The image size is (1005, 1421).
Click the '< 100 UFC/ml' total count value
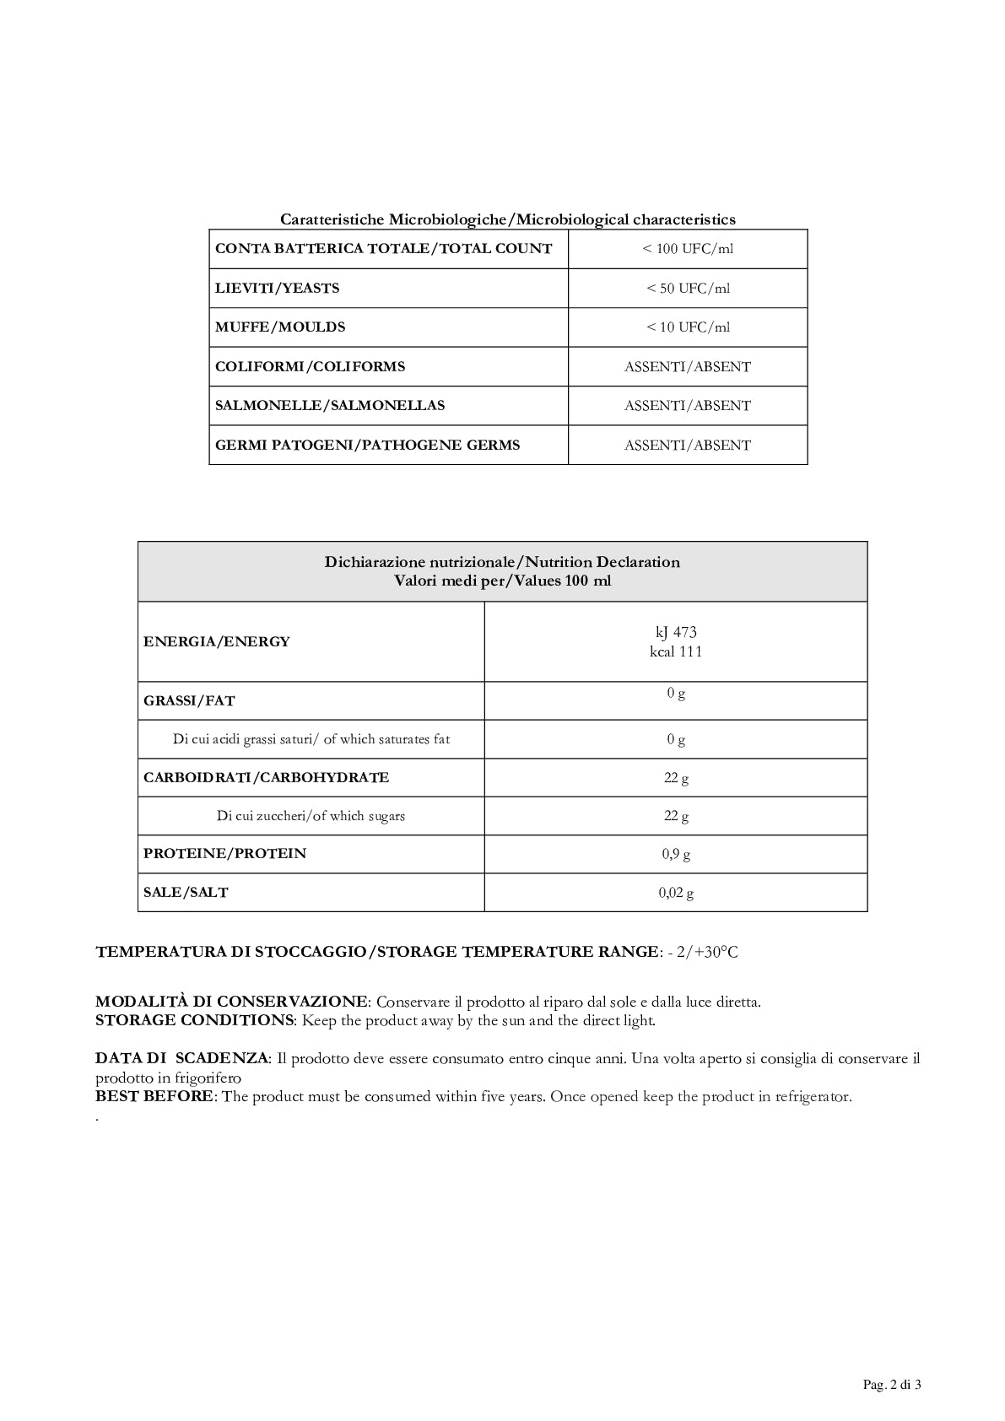coord(688,249)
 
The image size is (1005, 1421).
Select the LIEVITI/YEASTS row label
coord(277,288)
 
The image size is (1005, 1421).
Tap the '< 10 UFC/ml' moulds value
coord(688,327)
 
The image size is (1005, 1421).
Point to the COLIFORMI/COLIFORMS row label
coord(310,367)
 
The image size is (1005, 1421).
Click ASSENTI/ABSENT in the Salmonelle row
coord(687,406)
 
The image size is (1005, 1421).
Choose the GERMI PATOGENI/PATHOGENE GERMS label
coord(367,446)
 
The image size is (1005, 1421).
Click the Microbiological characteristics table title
coord(507,219)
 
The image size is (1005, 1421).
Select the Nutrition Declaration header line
coord(502,562)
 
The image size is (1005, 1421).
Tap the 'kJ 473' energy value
coord(676,632)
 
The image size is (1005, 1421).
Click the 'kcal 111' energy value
coord(676,651)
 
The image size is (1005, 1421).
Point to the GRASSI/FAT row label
coord(189,701)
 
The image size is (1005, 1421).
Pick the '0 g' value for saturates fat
coord(676,740)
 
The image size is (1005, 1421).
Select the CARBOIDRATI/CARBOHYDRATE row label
coord(266,778)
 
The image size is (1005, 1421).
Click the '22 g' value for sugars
coord(676,816)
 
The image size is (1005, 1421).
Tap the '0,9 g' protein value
coord(676,855)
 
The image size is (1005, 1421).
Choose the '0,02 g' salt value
coord(676,893)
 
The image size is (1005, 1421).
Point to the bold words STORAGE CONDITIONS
coord(194,1020)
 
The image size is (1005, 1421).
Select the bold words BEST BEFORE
coord(154,1097)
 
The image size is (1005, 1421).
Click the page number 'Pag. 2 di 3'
coord(891,1385)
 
